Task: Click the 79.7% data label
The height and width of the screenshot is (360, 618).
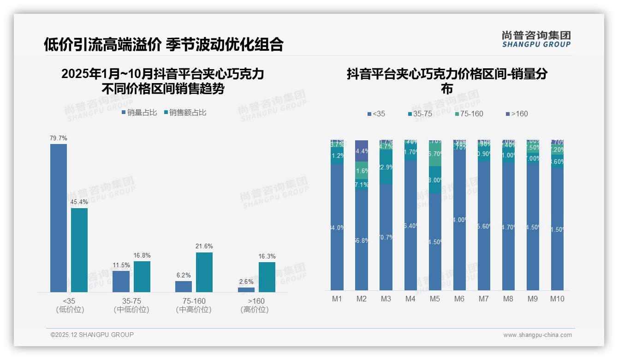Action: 59,138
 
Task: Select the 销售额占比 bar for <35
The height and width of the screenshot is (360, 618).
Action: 79,250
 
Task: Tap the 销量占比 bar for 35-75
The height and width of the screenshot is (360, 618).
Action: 121,281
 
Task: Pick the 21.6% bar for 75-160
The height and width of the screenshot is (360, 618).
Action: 204,272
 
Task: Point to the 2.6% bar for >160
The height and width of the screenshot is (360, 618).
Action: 246,289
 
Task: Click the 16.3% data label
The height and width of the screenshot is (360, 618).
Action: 267,256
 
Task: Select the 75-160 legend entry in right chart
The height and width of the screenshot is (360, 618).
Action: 469,114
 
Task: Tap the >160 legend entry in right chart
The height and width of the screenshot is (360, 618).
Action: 517,114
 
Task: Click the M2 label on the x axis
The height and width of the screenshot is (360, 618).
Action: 362,299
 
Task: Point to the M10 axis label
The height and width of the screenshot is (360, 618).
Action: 557,299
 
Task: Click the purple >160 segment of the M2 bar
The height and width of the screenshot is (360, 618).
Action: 362,151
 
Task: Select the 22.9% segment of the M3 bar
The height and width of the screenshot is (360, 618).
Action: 386,167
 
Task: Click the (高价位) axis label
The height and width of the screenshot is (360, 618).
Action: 254,310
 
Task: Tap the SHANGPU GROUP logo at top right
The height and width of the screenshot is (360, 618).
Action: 536,39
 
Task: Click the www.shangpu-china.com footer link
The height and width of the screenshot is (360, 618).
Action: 537,335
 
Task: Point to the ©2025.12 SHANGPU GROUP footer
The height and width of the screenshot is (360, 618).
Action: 92,335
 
